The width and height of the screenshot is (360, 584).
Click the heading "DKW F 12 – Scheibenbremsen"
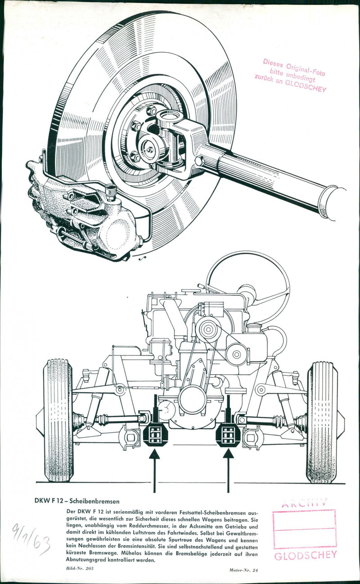(x=77, y=500)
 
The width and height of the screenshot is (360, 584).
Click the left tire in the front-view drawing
(x=58, y=420)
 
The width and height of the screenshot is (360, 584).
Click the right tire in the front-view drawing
(x=322, y=422)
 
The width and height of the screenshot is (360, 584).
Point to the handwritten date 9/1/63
(x=31, y=539)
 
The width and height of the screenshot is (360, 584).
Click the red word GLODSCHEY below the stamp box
(x=305, y=555)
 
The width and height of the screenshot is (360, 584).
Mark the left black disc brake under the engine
(x=154, y=435)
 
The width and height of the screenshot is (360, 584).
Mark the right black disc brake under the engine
(x=228, y=435)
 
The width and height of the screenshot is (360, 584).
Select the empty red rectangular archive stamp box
(x=305, y=529)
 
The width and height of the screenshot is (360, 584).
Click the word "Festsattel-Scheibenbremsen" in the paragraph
(x=209, y=512)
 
